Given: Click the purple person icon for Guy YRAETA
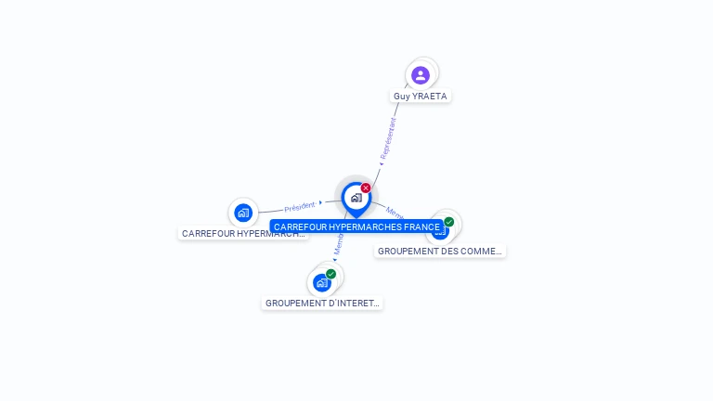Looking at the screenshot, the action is coord(421,75).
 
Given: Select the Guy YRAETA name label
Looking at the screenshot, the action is coord(421,96).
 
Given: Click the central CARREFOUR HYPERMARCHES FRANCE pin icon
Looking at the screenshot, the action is coord(356,197).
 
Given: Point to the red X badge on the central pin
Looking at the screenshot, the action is coord(366,188).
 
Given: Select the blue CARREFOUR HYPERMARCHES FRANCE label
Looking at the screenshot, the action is coord(356,226).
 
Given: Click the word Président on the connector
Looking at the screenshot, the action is coord(300,206).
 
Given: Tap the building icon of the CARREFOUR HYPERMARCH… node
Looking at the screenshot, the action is coord(243,213).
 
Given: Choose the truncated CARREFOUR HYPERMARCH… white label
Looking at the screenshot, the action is coord(243,233).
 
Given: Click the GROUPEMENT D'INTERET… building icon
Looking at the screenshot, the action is coord(321,282).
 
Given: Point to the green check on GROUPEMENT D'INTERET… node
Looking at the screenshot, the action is coord(331,274).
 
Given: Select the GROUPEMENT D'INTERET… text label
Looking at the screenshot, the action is coord(322,303).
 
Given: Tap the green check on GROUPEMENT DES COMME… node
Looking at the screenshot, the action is coord(449,222).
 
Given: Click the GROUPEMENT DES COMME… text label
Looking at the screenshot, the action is coord(440,251).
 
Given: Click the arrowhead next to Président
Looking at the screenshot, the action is coord(320,202).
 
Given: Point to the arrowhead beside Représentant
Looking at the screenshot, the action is coord(381,164).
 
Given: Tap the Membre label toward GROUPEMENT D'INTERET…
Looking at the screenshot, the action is coord(339,244).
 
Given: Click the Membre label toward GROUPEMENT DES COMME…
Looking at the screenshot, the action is coord(395,212).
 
